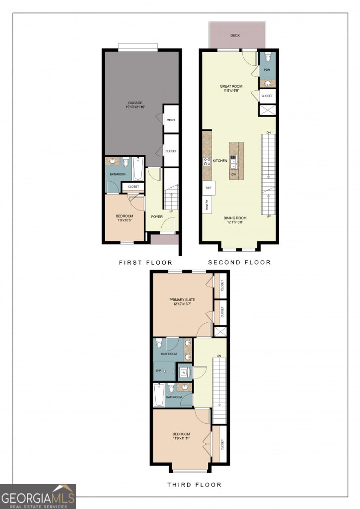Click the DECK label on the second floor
coord(235,36)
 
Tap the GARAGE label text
coord(135,103)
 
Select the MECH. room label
coord(171,120)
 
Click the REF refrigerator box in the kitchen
coord(208,188)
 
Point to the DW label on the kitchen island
coord(233,174)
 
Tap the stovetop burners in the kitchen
coord(207,161)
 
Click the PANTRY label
coord(207,205)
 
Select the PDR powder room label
coord(267,70)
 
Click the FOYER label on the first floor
coord(157,217)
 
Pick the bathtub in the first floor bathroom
coord(137,169)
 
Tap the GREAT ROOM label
coord(231,86)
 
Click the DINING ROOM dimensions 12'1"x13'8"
coord(235,222)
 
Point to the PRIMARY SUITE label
coord(182,300)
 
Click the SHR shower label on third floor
coord(158,371)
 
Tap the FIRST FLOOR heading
coord(146,263)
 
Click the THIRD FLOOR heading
coord(194,485)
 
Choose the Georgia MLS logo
coord(38,497)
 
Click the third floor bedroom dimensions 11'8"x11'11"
coord(181,438)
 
